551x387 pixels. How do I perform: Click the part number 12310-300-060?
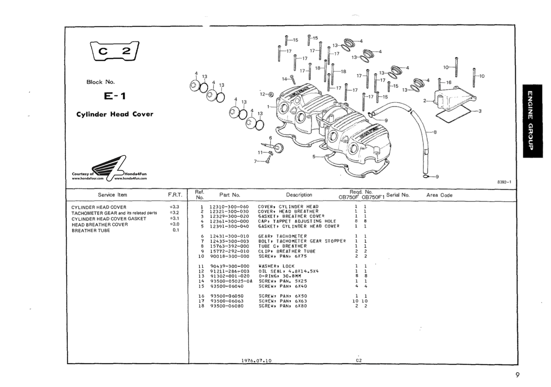click(x=229, y=207)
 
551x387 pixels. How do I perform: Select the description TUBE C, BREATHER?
click(x=282, y=246)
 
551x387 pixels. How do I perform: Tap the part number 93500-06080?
click(x=227, y=306)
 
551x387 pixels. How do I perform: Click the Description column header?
click(x=299, y=195)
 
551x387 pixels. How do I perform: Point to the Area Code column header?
click(x=439, y=195)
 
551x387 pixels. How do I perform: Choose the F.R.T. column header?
click(x=175, y=195)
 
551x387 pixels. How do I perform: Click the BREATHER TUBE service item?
click(x=91, y=231)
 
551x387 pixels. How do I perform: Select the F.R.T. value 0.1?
click(x=176, y=230)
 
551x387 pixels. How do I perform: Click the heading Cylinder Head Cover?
click(x=115, y=114)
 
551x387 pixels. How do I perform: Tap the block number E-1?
click(x=115, y=96)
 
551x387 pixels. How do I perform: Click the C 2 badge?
click(x=114, y=51)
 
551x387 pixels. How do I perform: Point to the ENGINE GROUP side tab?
click(x=532, y=121)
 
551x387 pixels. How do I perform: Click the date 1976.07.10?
click(x=257, y=361)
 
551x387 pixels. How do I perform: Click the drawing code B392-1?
click(x=504, y=182)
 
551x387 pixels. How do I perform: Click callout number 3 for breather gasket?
click(x=480, y=111)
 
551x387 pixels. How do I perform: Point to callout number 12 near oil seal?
click(x=262, y=94)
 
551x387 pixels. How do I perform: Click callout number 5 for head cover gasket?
click(x=314, y=156)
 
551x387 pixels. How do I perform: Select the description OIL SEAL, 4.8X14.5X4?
click(x=289, y=271)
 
